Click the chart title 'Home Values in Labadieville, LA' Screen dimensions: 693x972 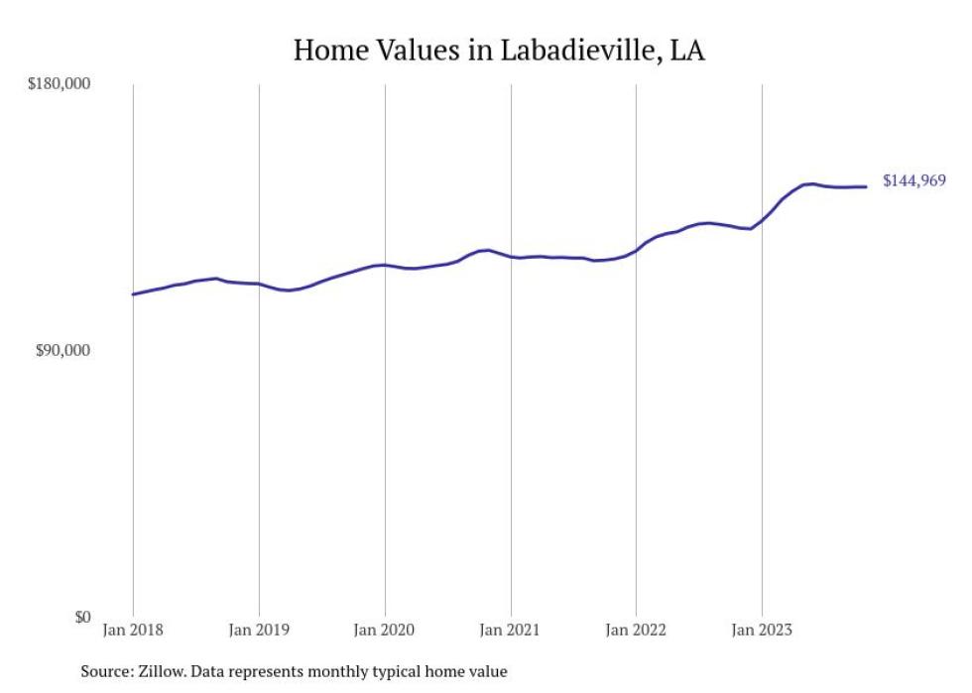499,51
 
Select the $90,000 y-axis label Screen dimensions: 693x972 62,351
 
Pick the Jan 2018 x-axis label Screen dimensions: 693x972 133,630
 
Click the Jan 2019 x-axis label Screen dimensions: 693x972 259,630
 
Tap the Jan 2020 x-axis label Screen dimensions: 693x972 385,630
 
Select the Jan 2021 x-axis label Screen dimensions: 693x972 510,630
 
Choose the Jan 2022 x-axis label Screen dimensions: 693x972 636,630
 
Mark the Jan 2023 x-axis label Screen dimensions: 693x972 761,630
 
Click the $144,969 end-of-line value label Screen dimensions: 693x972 913,181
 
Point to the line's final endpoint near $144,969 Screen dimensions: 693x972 866,186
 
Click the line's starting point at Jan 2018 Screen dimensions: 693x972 133,294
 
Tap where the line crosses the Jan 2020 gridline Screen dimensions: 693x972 385,265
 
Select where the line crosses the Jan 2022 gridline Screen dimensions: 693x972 636,250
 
